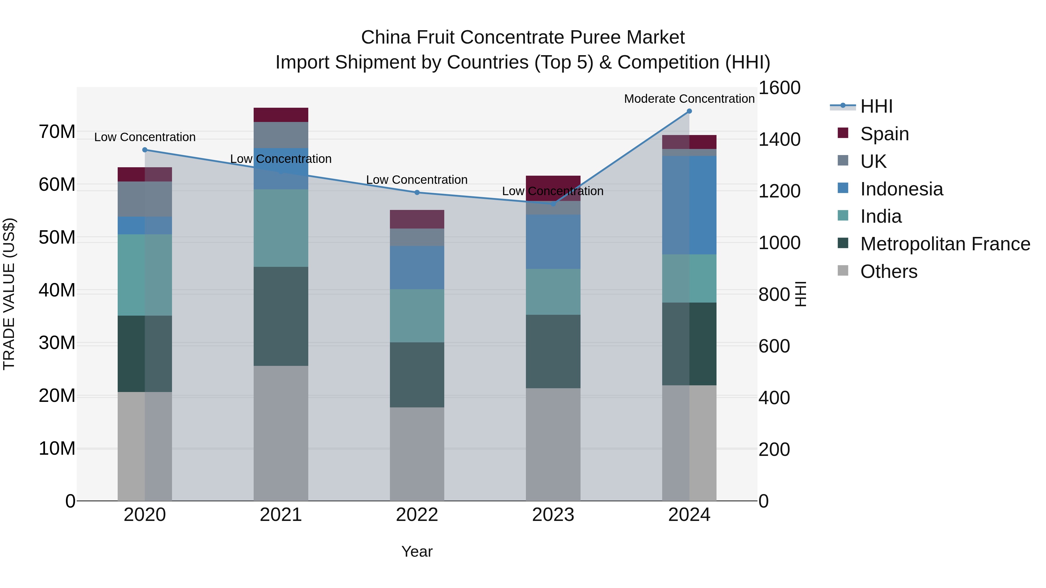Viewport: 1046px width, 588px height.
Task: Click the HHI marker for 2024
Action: click(689, 111)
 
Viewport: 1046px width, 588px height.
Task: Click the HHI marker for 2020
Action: click(145, 150)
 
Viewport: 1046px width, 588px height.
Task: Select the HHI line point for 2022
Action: click(417, 192)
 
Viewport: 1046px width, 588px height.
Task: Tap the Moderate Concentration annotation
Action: click(689, 99)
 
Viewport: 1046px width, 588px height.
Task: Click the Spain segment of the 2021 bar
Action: click(281, 115)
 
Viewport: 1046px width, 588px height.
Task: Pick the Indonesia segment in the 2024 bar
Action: click(689, 205)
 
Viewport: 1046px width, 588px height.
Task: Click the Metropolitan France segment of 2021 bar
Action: click(281, 316)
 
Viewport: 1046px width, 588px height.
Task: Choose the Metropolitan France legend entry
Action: click(945, 244)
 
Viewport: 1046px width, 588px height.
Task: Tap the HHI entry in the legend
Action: click(876, 106)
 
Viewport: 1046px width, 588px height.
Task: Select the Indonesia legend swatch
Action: click(843, 188)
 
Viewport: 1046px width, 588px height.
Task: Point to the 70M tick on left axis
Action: click(57, 132)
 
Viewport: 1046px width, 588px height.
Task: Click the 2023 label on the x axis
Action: click(553, 515)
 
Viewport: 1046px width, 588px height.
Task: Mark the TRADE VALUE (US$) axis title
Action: click(9, 294)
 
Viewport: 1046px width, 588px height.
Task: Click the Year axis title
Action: click(417, 551)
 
